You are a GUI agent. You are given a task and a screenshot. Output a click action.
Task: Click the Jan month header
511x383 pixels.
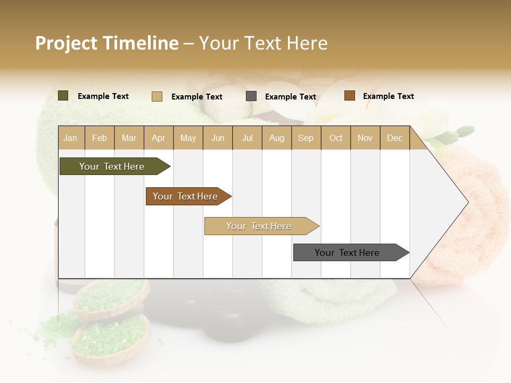70,138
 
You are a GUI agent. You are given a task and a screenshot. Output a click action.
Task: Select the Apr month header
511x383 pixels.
159,138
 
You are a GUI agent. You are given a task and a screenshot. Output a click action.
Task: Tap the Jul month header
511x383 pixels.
247,138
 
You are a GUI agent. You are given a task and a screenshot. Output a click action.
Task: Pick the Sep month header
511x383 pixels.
306,138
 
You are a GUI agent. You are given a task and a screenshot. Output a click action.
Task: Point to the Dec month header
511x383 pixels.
394,138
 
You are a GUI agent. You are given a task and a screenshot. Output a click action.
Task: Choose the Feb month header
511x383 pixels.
100,138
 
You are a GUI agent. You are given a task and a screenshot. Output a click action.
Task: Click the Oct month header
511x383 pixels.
336,138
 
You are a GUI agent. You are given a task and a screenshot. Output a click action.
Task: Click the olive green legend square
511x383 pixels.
63,96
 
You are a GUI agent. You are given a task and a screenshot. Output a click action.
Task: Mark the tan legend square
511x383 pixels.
157,96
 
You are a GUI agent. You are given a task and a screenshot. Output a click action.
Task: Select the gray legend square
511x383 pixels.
251,96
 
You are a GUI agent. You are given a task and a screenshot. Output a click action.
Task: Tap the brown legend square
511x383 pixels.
349,96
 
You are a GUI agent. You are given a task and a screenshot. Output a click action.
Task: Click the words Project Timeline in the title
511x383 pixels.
107,43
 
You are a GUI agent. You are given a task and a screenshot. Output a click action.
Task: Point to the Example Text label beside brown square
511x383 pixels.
388,96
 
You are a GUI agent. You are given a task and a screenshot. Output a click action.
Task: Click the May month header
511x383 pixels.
188,138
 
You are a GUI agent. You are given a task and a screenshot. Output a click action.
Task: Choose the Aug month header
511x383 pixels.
276,138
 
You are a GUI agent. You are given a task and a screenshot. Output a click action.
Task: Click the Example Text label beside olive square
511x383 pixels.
103,96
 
